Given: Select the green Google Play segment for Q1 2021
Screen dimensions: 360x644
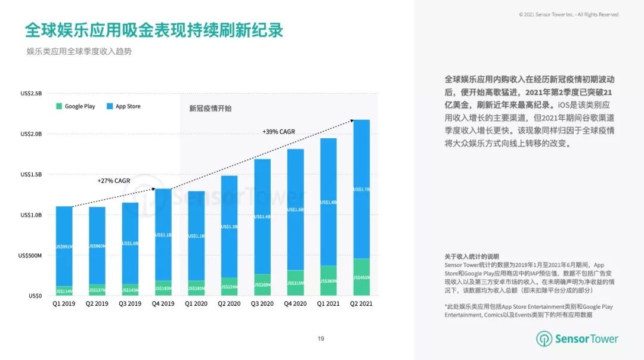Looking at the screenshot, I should pos(329,281).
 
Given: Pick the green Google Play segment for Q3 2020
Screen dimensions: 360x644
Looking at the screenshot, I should pos(262,285).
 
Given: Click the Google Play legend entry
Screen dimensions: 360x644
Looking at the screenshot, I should pos(76,106).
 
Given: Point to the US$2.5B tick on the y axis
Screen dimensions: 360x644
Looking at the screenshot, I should pos(31,93).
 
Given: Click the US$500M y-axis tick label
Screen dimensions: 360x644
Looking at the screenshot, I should pos(30,256).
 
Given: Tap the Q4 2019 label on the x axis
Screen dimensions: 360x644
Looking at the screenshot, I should pos(163,304).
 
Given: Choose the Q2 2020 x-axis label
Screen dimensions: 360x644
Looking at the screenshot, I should pos(229,304).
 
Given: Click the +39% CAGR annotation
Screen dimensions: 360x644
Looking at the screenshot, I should pos(278,132).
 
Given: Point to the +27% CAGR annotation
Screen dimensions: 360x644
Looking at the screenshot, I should pos(113,181).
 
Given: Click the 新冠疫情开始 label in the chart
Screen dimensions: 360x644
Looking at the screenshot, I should pos(210,108).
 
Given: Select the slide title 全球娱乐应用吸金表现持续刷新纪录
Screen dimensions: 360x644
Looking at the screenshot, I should pos(154,30).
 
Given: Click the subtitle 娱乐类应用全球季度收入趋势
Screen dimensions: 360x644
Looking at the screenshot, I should pos(79,51).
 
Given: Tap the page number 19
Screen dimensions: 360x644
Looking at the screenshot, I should pos(321,339).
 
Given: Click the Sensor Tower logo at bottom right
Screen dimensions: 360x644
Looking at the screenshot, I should pos(577,339).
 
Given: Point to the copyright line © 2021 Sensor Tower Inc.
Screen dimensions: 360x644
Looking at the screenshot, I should pos(568,14).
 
